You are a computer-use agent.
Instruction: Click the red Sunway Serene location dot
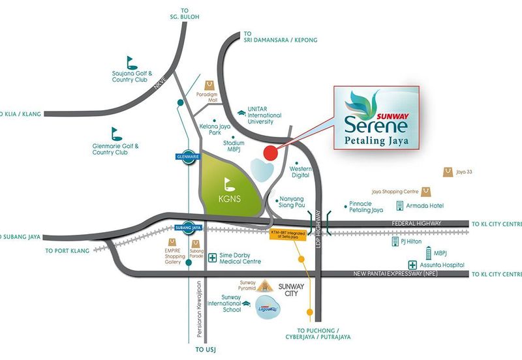click(268, 153)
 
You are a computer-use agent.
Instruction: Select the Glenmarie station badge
click(186, 157)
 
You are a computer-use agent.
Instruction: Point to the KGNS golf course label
click(226, 196)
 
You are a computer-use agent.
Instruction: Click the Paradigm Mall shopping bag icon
click(209, 85)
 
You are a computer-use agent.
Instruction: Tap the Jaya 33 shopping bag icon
click(448, 172)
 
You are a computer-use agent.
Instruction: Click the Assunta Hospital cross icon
click(412, 265)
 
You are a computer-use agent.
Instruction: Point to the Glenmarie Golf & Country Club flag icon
click(116, 132)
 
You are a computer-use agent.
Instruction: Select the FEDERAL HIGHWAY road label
click(418, 223)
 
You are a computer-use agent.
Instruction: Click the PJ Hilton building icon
click(395, 242)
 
